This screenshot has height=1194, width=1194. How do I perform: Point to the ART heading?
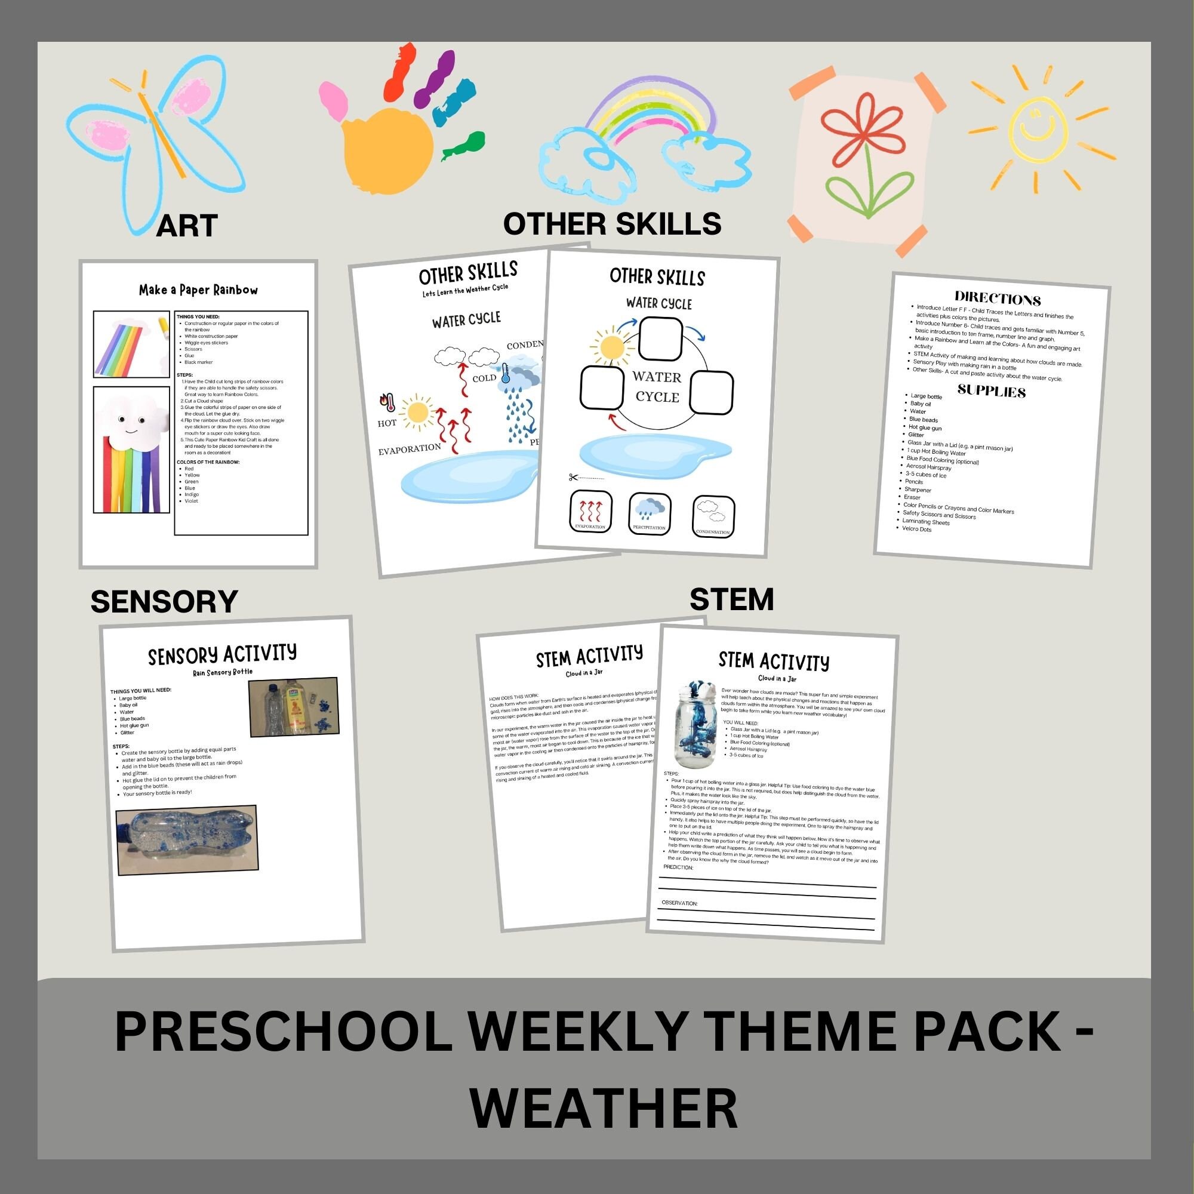click(x=187, y=226)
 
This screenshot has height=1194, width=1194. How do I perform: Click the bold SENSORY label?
click(x=164, y=601)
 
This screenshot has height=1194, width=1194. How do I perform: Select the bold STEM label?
click(x=731, y=599)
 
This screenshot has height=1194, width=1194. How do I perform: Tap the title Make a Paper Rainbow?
click(x=198, y=290)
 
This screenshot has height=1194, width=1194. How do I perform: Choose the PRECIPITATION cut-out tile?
click(x=650, y=513)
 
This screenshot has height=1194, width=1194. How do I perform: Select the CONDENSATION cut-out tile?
click(x=713, y=516)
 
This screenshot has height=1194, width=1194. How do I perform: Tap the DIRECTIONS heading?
click(x=998, y=299)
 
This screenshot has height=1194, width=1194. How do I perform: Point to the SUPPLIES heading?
click(x=991, y=391)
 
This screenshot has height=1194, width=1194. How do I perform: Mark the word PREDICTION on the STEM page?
click(x=678, y=867)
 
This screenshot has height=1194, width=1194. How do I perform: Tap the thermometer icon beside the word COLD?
click(x=506, y=373)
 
